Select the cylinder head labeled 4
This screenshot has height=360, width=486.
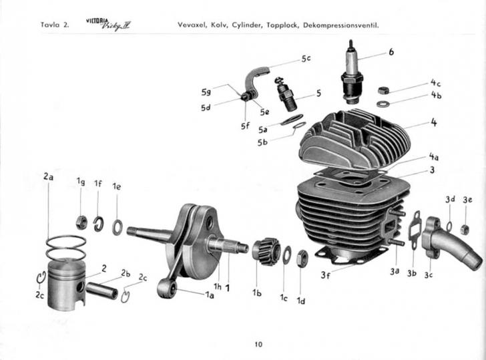click(354, 140)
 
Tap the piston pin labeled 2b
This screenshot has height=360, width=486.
click(101, 291)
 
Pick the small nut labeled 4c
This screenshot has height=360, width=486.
click(383, 91)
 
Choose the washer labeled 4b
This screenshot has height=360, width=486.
click(383, 104)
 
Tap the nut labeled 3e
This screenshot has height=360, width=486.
click(465, 229)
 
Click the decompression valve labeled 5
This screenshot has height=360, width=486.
click(286, 95)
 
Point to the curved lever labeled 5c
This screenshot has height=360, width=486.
click(256, 81)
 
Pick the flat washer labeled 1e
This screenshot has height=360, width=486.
click(117, 227)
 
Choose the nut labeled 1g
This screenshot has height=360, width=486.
click(81, 222)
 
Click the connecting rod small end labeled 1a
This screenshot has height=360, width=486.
click(167, 289)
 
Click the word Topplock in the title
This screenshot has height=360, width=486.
click(282, 25)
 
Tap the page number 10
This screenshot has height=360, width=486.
click(258, 344)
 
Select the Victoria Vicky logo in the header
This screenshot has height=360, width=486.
click(108, 25)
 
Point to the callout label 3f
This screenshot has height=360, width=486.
click(326, 275)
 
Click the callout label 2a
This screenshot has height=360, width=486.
click(48, 177)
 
